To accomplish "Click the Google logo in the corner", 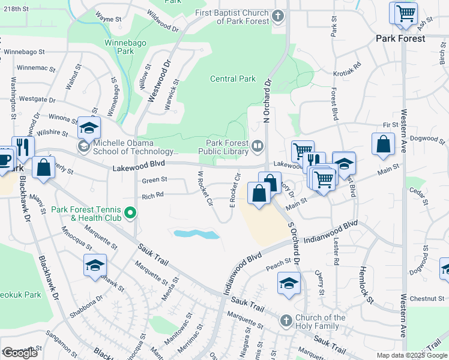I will click(20, 353).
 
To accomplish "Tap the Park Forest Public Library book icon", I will click(258, 146).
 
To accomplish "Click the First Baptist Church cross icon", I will click(278, 16).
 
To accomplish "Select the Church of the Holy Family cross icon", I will click(286, 321).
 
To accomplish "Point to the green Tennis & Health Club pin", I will click(129, 212).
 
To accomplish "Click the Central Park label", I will click(233, 79).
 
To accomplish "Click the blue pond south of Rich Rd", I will click(196, 233).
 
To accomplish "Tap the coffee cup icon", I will click(4, 160).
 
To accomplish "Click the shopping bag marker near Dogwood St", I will click(383, 145).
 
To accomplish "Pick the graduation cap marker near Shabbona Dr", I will click(95, 265).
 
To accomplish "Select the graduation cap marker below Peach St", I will click(289, 283).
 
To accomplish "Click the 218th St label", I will click(15, 9).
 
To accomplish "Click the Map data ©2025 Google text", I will click(411, 355).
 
